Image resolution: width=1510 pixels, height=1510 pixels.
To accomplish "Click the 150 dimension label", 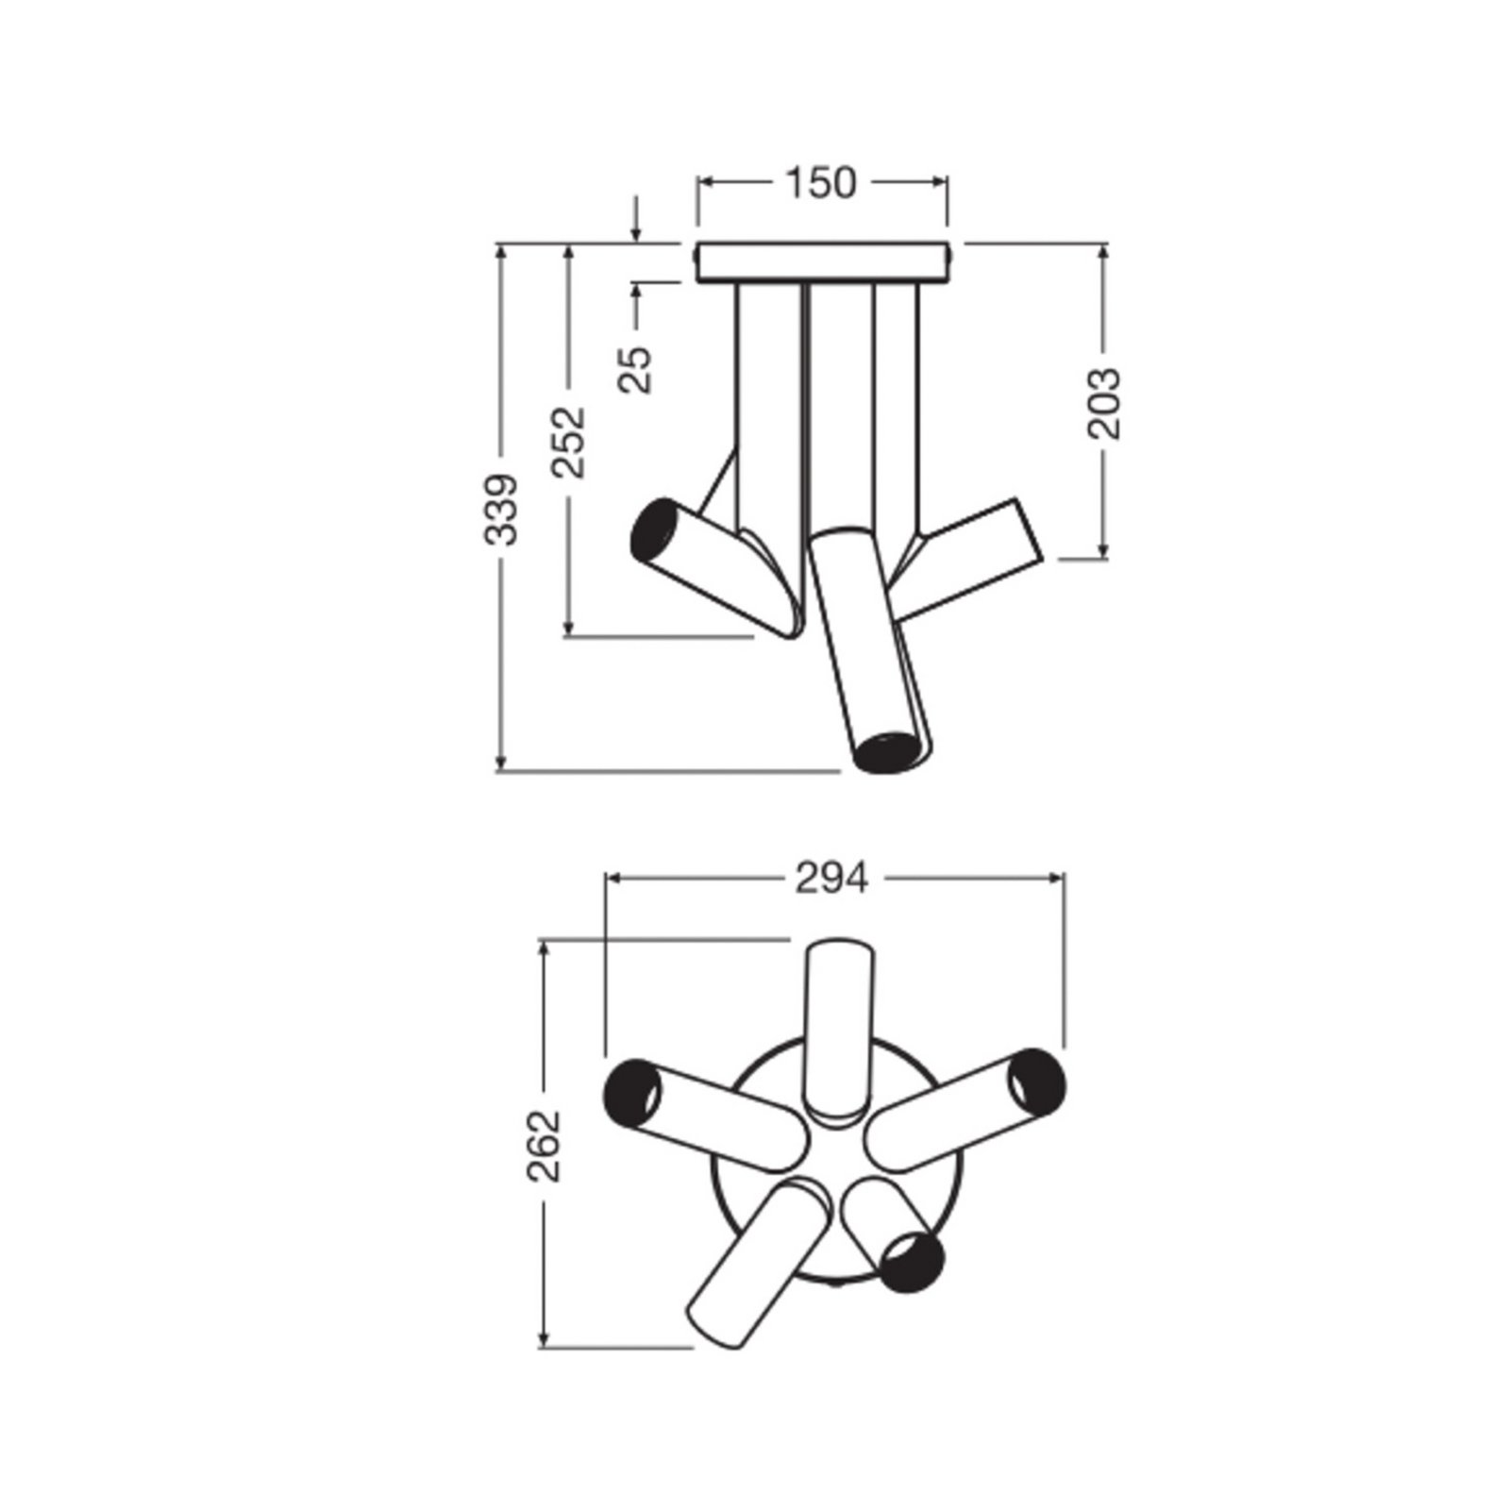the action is [821, 183].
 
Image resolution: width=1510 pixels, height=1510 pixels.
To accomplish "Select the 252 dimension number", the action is [569, 442].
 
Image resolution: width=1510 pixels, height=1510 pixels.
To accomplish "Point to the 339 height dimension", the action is [501, 509].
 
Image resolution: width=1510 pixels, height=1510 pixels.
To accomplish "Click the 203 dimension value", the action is [1104, 403].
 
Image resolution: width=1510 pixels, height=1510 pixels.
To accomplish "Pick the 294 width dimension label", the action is [831, 879].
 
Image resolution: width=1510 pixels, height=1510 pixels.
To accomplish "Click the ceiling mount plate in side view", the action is [822, 262].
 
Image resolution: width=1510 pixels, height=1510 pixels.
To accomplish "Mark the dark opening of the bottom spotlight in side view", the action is [888, 752].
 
